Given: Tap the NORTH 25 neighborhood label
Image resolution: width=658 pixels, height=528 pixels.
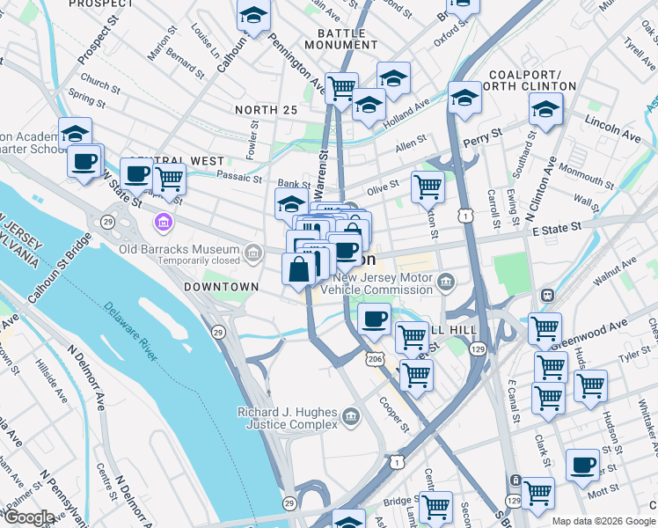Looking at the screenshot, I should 266,109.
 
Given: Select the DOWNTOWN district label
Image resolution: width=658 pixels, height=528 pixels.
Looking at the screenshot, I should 221,287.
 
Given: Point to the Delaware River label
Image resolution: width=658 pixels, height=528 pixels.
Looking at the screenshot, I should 133,333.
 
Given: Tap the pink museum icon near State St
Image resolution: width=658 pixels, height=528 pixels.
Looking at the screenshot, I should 162,221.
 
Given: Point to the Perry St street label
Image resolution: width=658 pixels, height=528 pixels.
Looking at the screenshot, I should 483,136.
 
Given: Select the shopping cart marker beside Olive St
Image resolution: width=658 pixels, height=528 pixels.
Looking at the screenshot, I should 427,186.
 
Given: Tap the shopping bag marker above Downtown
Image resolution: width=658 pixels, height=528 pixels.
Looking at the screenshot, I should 299,268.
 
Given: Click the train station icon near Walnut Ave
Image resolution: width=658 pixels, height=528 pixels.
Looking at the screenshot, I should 546,295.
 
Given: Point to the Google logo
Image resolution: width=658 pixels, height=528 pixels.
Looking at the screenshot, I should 29,517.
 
